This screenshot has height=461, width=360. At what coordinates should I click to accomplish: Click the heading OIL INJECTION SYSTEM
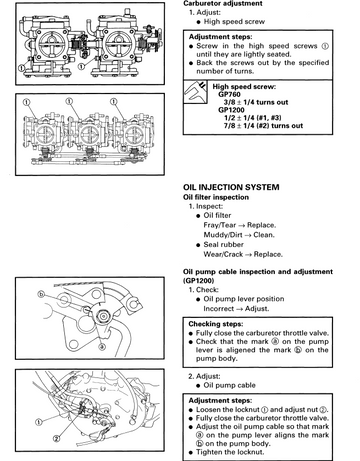[231, 187]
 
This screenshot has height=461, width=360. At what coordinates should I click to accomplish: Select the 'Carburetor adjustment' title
[223, 4]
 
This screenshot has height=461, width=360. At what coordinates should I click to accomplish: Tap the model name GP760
[229, 94]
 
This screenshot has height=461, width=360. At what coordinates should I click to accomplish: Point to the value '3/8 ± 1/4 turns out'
[256, 102]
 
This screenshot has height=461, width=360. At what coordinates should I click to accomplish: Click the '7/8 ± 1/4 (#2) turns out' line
[263, 126]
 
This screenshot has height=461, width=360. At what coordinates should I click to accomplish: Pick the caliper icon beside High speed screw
[195, 92]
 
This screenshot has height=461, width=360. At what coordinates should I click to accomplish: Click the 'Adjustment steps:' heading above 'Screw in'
[221, 37]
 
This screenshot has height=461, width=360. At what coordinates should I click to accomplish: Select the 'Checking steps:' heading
[216, 324]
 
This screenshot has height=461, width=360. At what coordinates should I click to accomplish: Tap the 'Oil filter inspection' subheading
[216, 197]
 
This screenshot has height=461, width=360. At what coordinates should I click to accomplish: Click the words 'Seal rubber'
[223, 245]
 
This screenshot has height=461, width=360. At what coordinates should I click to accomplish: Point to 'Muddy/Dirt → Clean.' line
[239, 235]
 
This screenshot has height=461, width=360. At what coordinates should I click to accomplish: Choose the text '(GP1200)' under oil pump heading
[198, 281]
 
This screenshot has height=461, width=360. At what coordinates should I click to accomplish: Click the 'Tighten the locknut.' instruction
[230, 452]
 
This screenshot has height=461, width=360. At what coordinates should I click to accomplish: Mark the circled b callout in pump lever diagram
[41, 295]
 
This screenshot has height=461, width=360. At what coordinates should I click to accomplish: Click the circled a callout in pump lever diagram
[102, 347]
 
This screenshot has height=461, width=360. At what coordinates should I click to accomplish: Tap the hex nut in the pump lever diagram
[102, 316]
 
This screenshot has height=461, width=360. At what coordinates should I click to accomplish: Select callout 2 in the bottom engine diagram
[57, 439]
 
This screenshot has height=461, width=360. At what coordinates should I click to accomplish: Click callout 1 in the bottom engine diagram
[39, 422]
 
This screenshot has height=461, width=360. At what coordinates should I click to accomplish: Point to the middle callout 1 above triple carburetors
[69, 101]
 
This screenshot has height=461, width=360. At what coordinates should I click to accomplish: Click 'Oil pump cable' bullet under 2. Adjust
[229, 385]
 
